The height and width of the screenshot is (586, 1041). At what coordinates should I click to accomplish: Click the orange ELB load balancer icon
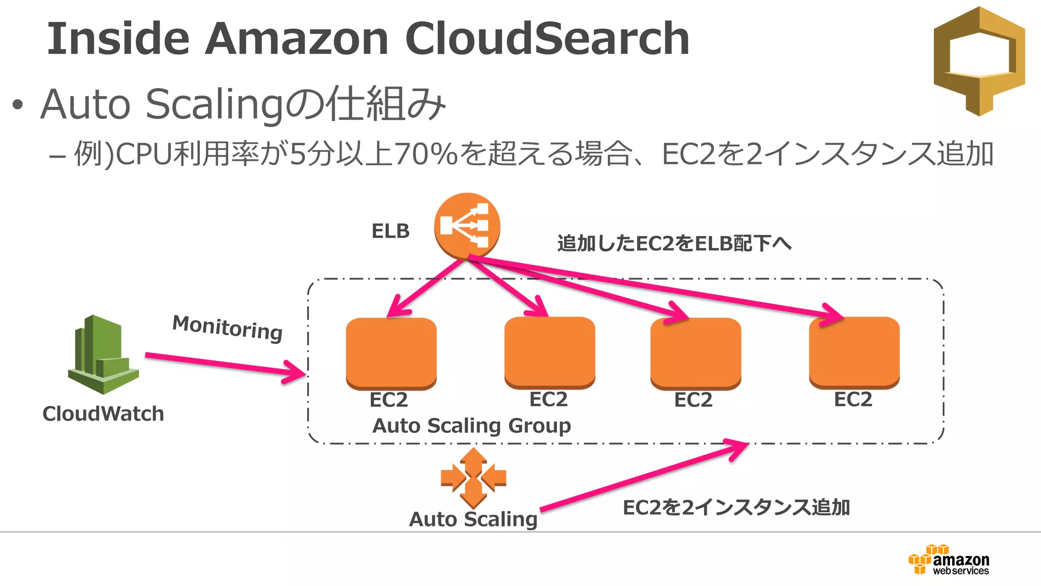coord(467,225)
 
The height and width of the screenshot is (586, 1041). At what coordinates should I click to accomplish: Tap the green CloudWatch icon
coord(103,355)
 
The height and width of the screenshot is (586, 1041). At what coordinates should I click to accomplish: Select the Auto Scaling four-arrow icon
coord(473,478)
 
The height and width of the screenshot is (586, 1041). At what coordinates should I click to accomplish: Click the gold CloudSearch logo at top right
coord(979,61)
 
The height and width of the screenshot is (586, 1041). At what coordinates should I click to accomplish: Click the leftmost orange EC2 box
coord(391,353)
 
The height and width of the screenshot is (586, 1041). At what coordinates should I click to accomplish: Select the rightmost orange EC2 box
coord(854,351)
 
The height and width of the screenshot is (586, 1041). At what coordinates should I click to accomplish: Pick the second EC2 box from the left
coord(549,351)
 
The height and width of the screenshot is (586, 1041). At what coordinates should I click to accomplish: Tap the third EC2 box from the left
coord(695,353)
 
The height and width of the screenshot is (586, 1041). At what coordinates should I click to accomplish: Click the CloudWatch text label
coord(103,414)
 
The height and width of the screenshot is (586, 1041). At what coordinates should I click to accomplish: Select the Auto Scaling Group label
coord(472,425)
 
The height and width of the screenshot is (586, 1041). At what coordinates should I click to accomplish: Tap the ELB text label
coord(390,231)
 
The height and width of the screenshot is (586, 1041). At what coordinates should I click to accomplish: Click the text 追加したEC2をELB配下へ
coord(674,243)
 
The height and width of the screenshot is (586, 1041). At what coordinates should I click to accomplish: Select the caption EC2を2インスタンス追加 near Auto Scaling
coord(736,507)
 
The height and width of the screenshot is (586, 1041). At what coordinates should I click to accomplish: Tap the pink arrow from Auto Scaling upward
coord(643,476)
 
